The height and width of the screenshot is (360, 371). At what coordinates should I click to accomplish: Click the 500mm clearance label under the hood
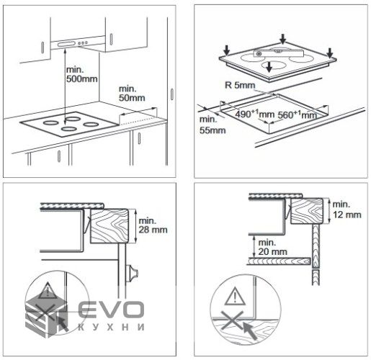tap(82, 74)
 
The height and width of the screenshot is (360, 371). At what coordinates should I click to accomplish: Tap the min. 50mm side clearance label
tap(132, 94)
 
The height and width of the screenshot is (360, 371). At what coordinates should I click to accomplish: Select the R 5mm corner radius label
tap(240, 85)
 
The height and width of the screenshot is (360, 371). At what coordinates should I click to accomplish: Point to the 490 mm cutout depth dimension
tap(254, 114)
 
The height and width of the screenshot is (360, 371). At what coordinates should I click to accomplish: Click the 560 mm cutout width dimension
tap(298, 115)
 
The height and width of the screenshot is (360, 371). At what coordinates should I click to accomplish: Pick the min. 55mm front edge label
tap(213, 125)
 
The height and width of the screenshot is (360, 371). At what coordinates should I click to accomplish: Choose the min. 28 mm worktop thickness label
tap(153, 225)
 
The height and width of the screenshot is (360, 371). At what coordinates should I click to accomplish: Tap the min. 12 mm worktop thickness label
tap(347, 210)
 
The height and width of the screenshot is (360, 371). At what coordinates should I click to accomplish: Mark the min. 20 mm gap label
tap(272, 247)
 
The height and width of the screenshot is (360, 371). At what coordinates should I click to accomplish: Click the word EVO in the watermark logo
tap(112, 310)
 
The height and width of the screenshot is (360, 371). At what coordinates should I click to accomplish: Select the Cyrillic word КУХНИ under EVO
tap(111, 328)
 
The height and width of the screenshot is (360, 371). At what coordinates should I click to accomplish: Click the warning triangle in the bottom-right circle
tap(235, 297)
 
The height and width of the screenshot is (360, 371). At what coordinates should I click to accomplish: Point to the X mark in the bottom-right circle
tap(232, 320)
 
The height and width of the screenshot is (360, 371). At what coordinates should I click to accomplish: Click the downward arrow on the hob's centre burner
tap(269, 66)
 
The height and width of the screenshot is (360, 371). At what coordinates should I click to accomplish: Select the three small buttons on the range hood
tap(83, 43)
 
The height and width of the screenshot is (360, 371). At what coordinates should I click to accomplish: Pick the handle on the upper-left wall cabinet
tap(43, 48)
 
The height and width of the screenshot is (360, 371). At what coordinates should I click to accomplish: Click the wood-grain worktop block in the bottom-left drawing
tap(109, 226)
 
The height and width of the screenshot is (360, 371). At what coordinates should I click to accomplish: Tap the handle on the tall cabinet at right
tap(172, 94)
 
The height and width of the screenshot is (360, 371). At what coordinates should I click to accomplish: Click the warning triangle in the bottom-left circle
tap(48, 290)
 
